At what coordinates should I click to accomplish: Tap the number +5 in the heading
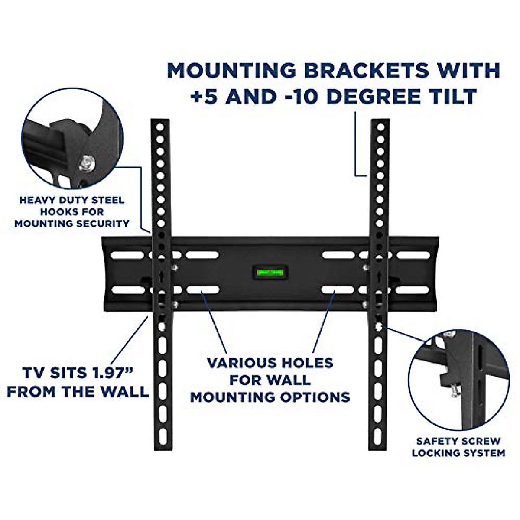(x=204, y=97)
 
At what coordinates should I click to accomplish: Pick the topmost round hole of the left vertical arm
(x=160, y=128)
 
